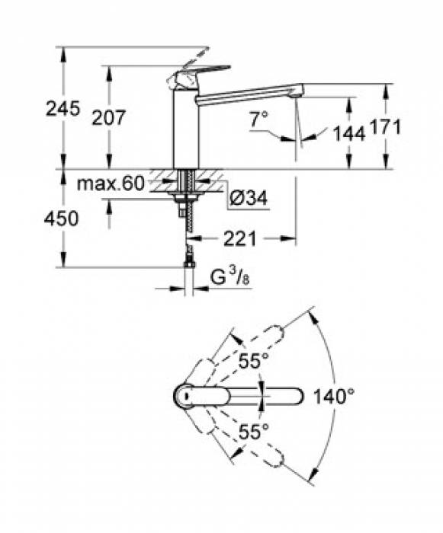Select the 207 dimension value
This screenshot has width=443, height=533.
click(x=108, y=116)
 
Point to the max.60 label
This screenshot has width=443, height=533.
click(x=111, y=184)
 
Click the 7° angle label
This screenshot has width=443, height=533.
click(x=259, y=118)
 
